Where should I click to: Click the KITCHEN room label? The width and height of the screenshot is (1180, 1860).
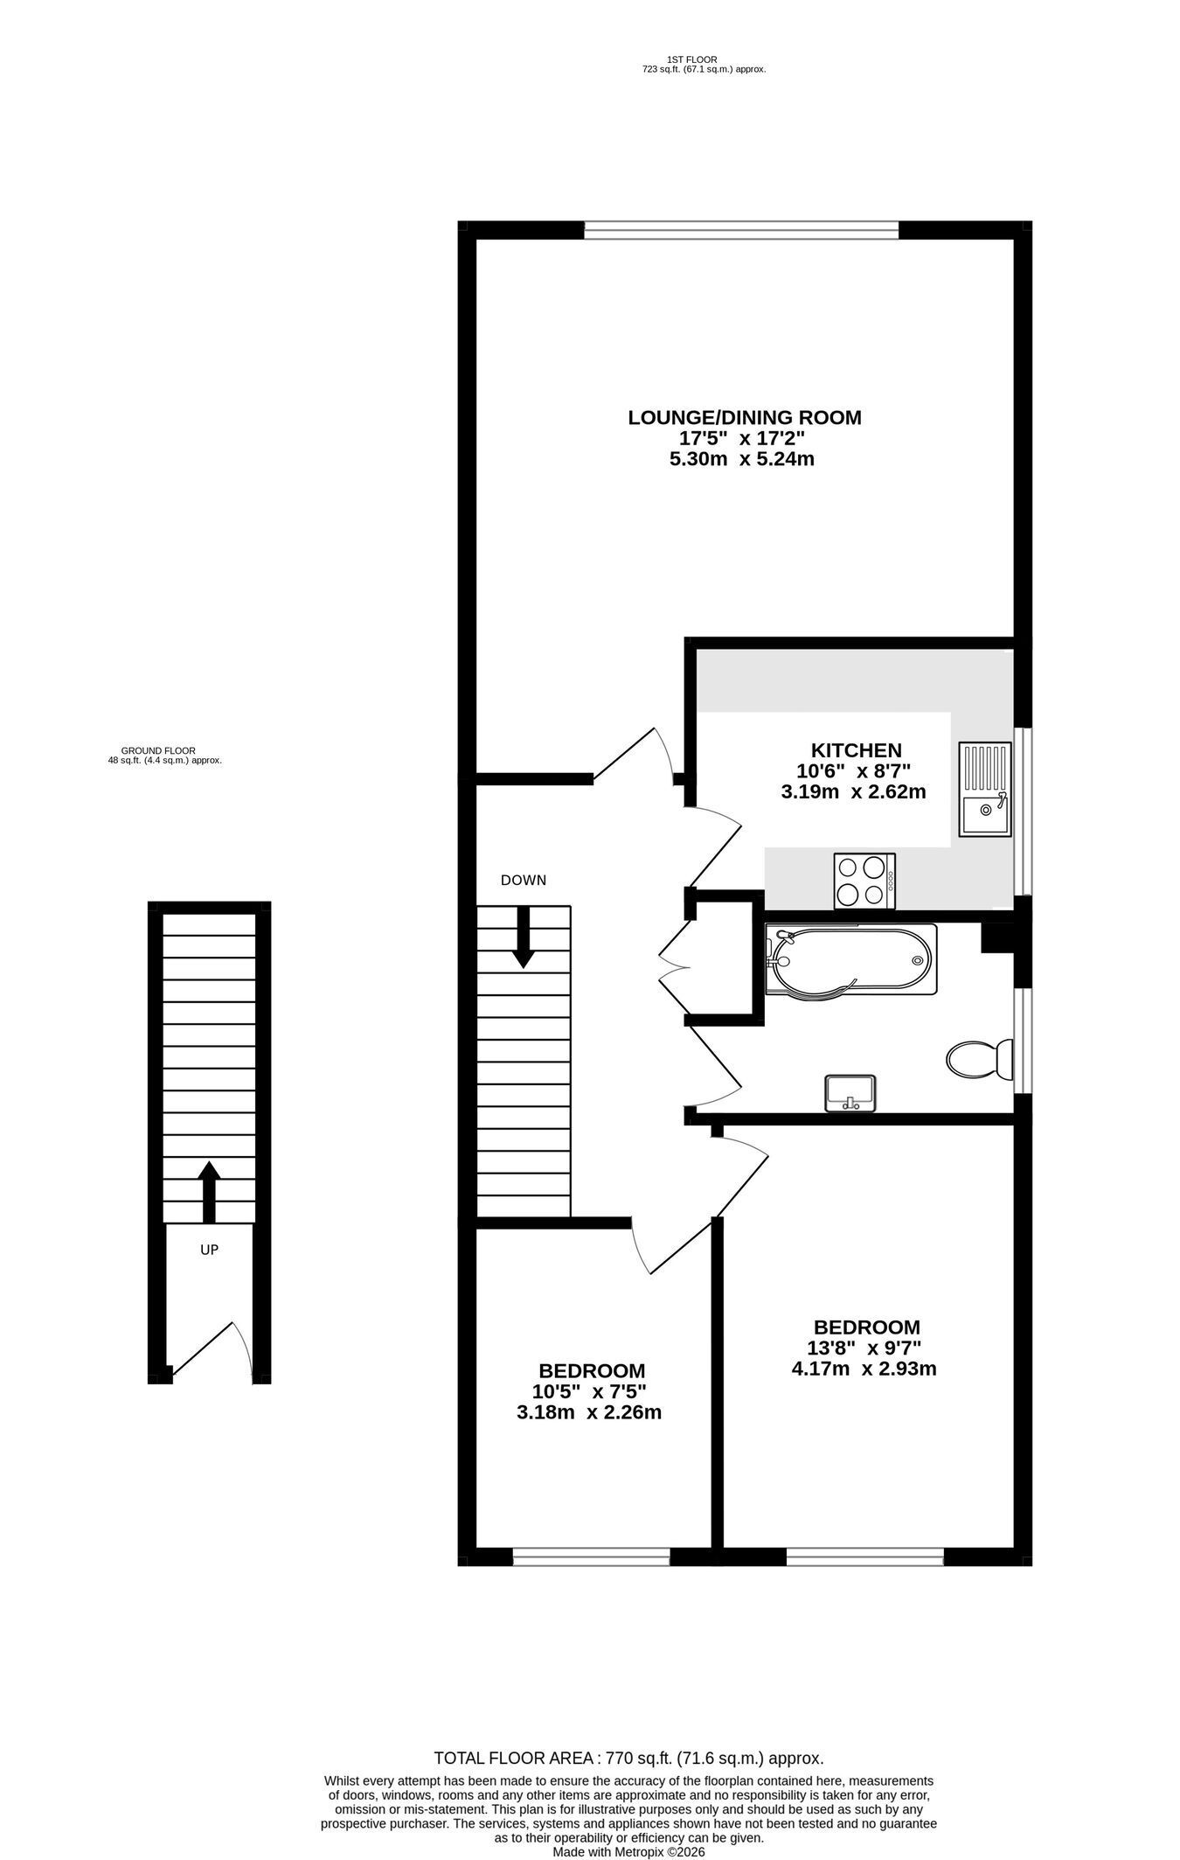coord(856,750)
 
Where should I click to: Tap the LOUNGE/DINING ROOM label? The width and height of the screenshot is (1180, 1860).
coord(745,418)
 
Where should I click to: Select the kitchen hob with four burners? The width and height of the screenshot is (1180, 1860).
coord(864,881)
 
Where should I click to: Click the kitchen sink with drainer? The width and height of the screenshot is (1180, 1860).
coord(984,789)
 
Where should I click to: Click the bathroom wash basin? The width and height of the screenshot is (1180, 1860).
coord(850,1093)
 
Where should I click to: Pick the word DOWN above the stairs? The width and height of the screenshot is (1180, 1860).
coord(523,880)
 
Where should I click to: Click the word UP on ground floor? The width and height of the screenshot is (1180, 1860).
coord(209,1250)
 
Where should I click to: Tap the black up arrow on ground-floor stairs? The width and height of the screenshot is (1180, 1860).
coord(208,1192)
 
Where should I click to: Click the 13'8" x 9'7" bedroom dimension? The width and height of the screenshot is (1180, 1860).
coord(864,1348)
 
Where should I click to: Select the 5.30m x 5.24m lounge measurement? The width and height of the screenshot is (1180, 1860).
coord(742,459)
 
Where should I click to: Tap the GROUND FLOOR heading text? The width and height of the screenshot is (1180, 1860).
coord(158,750)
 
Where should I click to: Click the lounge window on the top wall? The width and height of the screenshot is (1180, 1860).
coord(741,230)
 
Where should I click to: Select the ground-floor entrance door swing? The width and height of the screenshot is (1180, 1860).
coord(212,1353)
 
